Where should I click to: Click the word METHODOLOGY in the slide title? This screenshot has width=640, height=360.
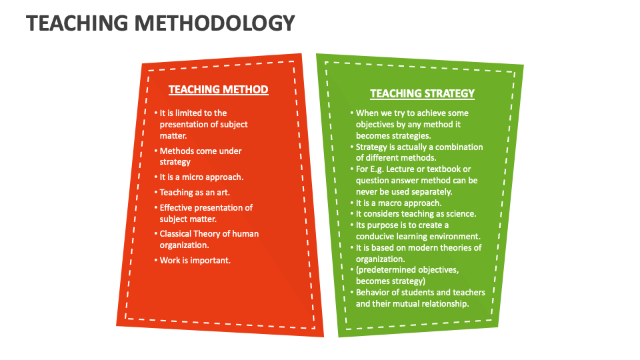214,23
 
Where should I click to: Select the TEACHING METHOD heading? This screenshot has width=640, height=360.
218,89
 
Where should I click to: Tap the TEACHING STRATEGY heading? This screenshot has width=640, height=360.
422,93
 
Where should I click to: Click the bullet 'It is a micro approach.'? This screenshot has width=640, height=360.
201,177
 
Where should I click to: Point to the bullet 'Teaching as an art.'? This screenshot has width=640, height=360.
195,193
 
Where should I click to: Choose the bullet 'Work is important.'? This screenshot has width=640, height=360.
195,260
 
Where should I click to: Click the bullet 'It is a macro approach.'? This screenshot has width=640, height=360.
399,203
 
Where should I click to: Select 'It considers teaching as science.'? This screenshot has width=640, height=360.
415,214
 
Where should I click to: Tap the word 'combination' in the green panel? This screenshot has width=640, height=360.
458,147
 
